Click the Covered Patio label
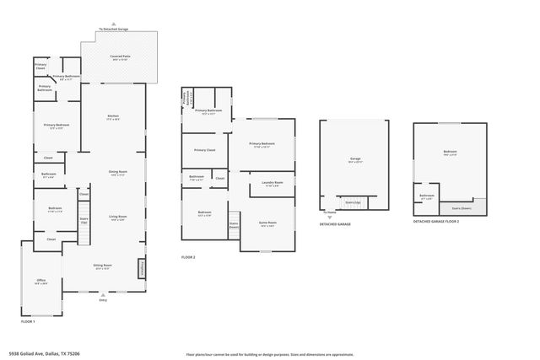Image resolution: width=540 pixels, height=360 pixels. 118,57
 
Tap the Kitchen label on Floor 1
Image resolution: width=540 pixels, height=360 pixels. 112,117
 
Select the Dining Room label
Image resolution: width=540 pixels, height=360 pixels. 116,173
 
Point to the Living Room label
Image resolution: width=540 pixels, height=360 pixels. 116,218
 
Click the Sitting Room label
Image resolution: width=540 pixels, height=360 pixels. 102,268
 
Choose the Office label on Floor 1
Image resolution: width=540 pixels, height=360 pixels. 40,282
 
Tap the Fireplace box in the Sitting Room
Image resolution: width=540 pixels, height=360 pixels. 142,268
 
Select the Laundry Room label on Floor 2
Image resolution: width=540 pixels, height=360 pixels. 272,183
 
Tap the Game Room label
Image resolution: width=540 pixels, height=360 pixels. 268,224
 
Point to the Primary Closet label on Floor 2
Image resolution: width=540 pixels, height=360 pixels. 204,150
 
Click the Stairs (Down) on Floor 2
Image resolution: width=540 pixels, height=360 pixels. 234,225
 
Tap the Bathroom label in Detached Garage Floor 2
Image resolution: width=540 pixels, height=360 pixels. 427,197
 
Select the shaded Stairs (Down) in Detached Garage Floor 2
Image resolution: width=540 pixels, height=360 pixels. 461,207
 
